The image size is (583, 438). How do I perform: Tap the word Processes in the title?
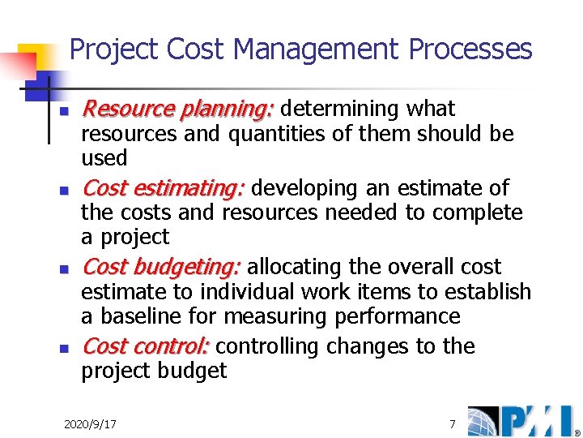[470, 50]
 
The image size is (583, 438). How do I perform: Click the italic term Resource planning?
[179, 109]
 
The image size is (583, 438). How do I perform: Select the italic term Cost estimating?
[163, 188]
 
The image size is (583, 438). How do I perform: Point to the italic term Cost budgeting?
[161, 267]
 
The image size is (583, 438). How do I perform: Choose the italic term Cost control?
[146, 346]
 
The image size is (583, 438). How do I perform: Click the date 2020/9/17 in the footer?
[90, 423]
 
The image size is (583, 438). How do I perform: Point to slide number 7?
[453, 423]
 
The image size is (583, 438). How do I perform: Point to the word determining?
[340, 109]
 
